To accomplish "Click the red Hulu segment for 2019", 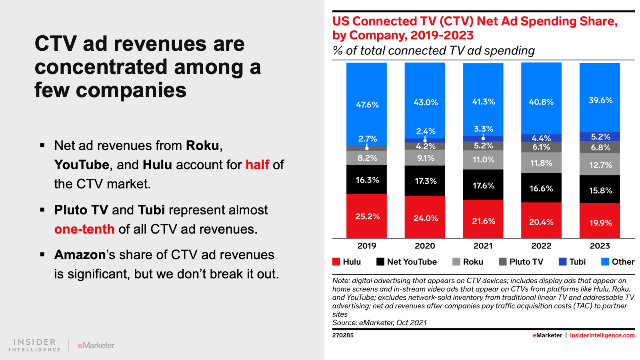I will [366, 216].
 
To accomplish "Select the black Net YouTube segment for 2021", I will [483, 185].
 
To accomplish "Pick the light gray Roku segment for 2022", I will [541, 163].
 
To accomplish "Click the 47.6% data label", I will [367, 105].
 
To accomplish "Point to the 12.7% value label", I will [600, 165].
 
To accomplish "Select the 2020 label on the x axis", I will [425, 246].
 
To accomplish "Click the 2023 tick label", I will [600, 246].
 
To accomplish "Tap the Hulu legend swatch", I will [336, 262].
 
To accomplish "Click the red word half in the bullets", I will [257, 164].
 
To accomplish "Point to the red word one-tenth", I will [84, 229].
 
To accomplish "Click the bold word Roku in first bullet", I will [202, 146].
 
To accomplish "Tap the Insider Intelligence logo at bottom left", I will [35, 345].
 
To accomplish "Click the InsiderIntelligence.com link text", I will [602, 335].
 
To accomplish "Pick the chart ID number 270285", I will [343, 335].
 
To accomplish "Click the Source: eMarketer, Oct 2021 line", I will [379, 323].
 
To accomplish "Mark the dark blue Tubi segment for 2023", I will [600, 136].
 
